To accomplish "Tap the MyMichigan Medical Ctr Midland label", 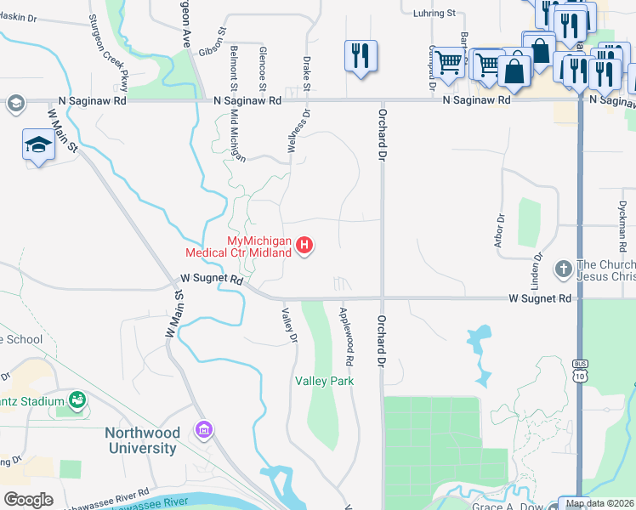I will (x=240, y=247).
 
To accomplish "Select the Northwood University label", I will (x=141, y=440).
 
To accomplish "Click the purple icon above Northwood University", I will (x=203, y=430).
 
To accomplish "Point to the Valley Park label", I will (x=324, y=382).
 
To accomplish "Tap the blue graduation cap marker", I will (x=38, y=145).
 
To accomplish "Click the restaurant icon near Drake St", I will (x=361, y=56).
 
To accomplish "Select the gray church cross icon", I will (x=563, y=269).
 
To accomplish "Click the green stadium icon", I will (x=77, y=399).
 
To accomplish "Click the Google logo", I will (x=28, y=499).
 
